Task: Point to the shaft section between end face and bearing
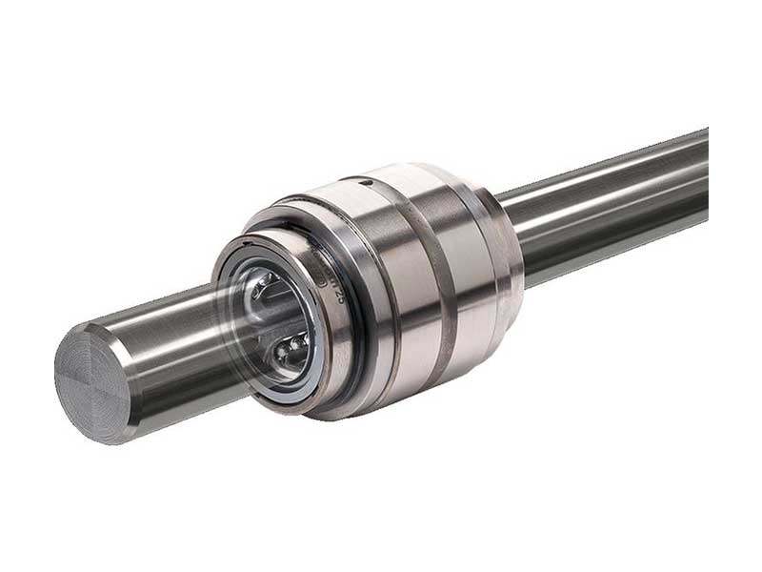click(x=171, y=353)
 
